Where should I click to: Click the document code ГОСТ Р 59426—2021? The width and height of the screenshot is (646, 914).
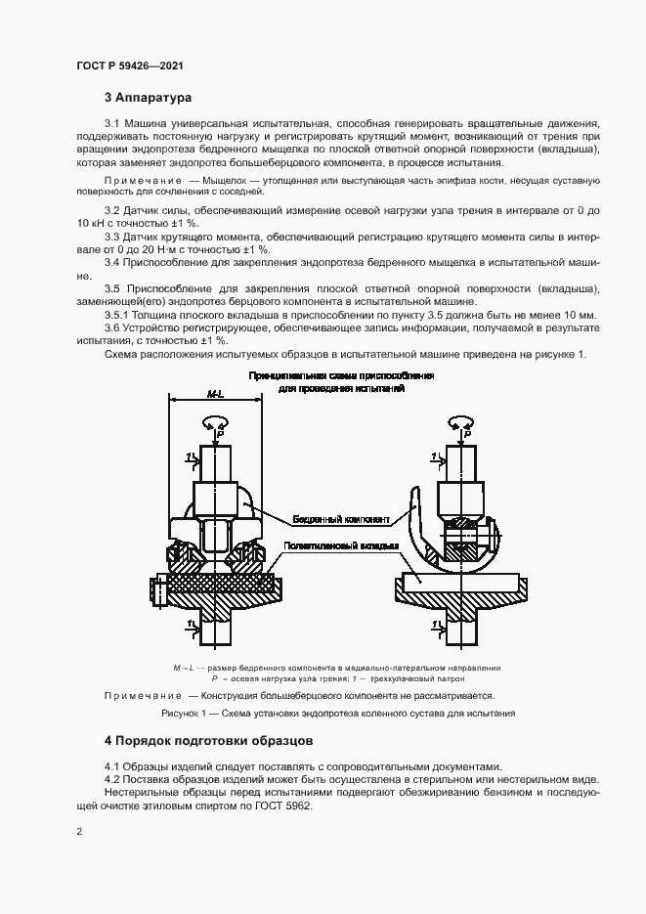pyautogui.click(x=129, y=66)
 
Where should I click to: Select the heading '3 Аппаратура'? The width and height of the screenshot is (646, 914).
pyautogui.click(x=149, y=98)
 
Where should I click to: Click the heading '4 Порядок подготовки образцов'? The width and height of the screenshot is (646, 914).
pyautogui.click(x=208, y=740)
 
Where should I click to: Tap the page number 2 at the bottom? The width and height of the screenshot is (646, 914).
pyautogui.click(x=78, y=832)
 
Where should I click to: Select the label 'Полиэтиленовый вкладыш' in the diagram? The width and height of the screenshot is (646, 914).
pyautogui.click(x=339, y=545)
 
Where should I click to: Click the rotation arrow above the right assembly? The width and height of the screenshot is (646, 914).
pyautogui.click(x=460, y=422)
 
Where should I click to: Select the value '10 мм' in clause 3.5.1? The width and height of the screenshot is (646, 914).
pyautogui.click(x=576, y=316)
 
